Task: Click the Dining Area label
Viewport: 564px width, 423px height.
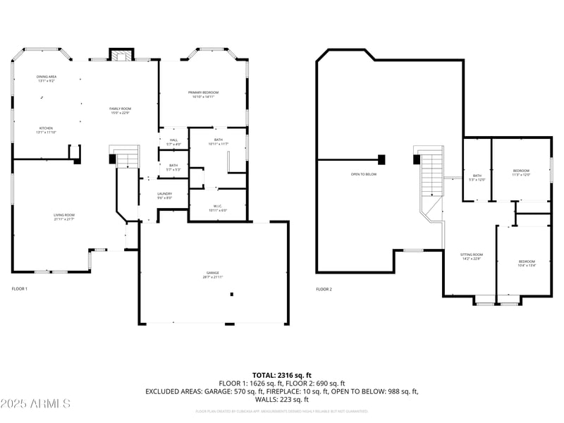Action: tap(46, 78)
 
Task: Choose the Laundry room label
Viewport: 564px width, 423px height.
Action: tap(165, 195)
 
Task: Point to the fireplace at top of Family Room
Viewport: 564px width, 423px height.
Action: tap(120, 56)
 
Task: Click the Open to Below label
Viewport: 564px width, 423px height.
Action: tap(364, 174)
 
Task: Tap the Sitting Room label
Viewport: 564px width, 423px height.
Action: tap(472, 256)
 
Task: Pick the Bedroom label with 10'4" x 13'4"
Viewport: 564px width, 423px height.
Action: tap(527, 264)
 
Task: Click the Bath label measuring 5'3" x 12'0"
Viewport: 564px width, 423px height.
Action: tap(477, 178)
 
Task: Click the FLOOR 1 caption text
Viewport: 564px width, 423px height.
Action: tap(20, 289)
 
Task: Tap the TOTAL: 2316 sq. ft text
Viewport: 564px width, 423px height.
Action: tap(281, 375)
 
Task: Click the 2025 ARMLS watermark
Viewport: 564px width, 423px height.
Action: tap(35, 404)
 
